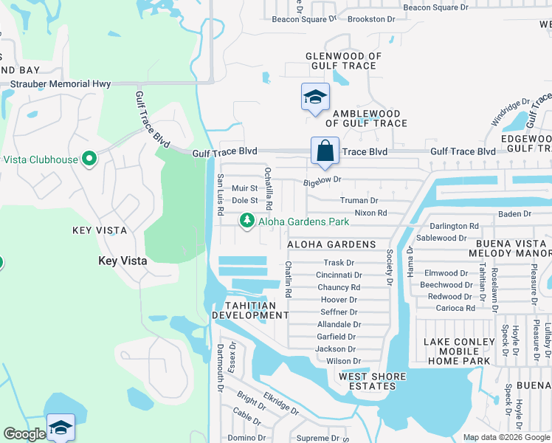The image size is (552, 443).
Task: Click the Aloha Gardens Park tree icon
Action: click(246, 221)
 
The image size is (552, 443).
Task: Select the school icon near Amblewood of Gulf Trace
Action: click(315, 97)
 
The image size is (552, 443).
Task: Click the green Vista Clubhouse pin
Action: click(90, 159)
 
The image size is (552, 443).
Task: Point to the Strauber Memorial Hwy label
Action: click(60, 84)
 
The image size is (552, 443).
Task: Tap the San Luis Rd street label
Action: click(220, 195)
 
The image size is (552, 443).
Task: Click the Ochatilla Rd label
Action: click(269, 188)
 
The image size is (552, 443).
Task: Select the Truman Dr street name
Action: click(359, 200)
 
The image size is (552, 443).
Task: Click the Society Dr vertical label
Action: click(389, 267)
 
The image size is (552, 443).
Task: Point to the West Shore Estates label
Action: click(372, 382)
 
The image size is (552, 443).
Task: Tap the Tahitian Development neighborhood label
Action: click(250, 310)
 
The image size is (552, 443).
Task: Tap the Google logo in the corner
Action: click(24, 434)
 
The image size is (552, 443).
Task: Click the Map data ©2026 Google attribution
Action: click(506, 437)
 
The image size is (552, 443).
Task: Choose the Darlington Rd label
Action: click(454, 226)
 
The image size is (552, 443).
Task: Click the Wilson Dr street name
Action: click(343, 361)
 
